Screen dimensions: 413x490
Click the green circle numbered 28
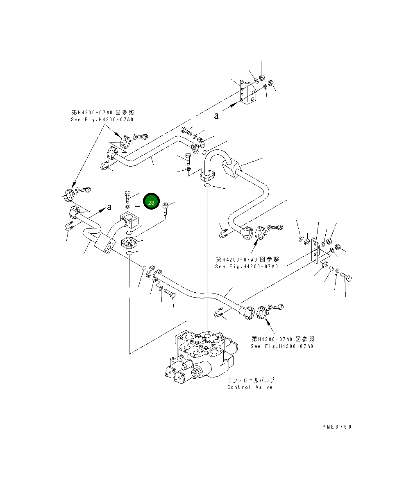click(151, 201)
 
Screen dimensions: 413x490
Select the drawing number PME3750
click(337, 427)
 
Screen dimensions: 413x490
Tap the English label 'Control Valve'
click(250, 387)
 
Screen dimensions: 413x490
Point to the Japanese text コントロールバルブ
click(251, 380)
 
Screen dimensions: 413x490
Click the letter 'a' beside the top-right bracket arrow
click(216, 116)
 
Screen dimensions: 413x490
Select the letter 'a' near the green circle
click(109, 207)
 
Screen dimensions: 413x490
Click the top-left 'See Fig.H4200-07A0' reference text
click(102, 120)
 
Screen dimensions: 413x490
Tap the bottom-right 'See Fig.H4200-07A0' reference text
click(282, 346)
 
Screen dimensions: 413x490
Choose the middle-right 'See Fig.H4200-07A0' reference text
click(247, 266)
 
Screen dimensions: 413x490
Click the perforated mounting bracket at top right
click(248, 92)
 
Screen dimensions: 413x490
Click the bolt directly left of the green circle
click(127, 196)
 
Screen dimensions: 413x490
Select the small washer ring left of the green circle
click(127, 207)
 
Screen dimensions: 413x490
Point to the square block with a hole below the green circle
click(129, 220)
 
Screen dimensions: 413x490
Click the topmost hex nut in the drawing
click(262, 77)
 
